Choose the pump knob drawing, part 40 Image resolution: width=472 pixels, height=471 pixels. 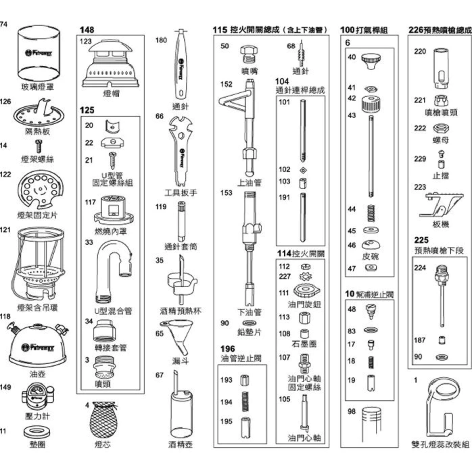pyautogui.click(x=371, y=61)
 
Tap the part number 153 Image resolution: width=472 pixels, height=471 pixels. pyautogui.click(x=226, y=193)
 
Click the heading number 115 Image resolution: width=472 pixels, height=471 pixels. pyautogui.click(x=220, y=30)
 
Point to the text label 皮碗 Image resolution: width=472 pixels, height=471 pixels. pyautogui.click(x=370, y=256)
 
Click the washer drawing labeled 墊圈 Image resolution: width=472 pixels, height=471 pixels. pyautogui.click(x=37, y=432)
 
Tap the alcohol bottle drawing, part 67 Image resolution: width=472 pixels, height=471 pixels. pyautogui.click(x=180, y=409)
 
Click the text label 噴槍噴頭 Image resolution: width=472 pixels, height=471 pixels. pyautogui.click(x=441, y=113)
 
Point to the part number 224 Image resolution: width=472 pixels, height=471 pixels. pyautogui.click(x=420, y=268)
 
